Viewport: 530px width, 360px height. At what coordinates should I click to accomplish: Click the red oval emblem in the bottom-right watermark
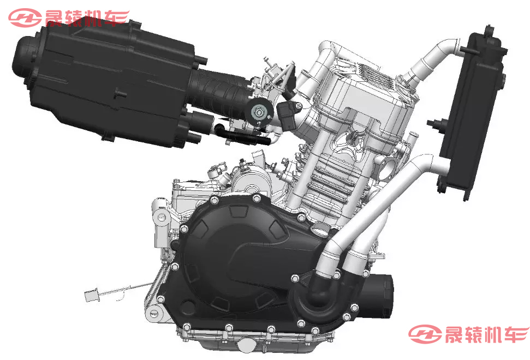click(x=425, y=334)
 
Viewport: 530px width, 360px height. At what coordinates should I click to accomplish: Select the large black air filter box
click(x=108, y=83)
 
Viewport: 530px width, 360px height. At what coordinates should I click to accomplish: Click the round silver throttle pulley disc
click(x=259, y=112)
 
